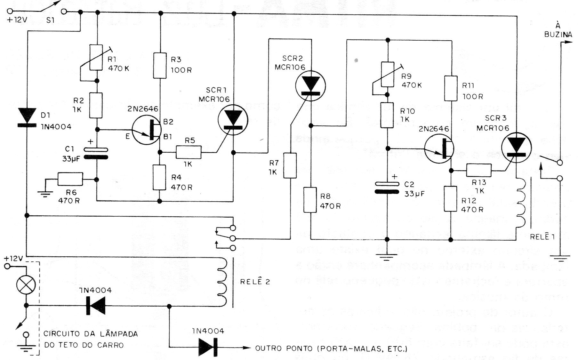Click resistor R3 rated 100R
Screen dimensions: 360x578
(160, 66)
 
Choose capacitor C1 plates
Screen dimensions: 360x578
(96, 153)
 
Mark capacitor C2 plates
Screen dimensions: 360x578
(387, 188)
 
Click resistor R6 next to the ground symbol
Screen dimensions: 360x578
(70, 179)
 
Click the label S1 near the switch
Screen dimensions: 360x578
(50, 20)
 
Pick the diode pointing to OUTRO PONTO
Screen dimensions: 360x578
(208, 347)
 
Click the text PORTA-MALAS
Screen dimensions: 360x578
(348, 348)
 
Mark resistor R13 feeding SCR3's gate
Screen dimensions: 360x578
(478, 170)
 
